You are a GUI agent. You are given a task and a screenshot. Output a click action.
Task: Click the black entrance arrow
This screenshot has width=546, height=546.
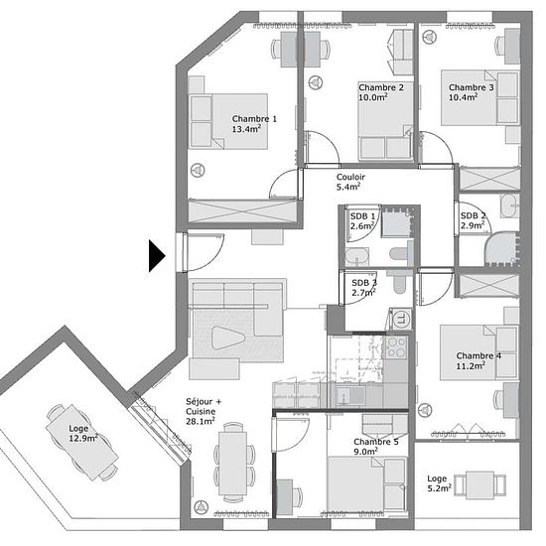click(157, 255)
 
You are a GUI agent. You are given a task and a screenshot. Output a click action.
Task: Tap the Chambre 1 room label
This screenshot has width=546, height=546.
click(254, 124)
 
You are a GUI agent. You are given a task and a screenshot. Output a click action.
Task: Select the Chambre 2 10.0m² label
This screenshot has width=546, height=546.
click(381, 92)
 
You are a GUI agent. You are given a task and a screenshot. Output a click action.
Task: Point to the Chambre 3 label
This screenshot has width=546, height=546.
click(471, 92)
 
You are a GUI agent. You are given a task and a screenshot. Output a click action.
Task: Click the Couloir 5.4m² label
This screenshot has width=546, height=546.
click(350, 182)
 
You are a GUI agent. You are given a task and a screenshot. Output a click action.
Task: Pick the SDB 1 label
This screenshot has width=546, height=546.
click(362, 221)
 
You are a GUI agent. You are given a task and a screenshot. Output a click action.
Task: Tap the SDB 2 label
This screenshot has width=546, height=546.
click(473, 220)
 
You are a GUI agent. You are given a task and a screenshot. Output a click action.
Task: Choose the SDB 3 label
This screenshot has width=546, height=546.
click(364, 288)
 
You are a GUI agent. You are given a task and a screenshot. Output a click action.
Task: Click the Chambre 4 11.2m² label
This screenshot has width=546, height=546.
click(478, 360)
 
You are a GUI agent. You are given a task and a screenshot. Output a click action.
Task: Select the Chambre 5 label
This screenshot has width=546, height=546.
click(376, 447)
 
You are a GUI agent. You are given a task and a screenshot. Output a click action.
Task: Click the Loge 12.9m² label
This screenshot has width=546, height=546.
click(82, 434)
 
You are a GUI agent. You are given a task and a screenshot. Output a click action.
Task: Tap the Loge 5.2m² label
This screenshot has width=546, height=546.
click(440, 483)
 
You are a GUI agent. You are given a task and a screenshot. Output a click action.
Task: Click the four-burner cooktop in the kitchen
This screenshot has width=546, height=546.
click(395, 347)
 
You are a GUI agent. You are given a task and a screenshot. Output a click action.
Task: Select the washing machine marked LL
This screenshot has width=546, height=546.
click(401, 319)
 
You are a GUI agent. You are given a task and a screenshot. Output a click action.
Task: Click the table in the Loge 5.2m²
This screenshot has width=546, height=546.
click(479, 485)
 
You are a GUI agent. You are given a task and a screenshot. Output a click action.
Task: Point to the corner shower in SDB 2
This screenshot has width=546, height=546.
click(501, 249)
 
